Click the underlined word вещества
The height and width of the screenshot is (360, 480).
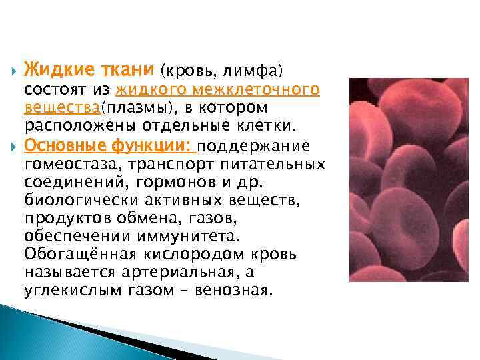tap(61, 108)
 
